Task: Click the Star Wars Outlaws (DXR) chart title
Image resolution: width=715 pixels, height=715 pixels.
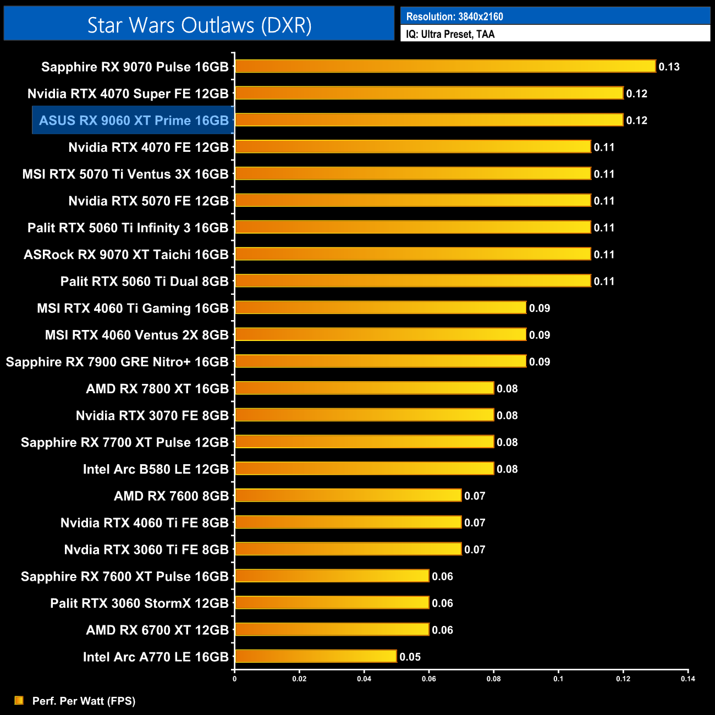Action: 199,25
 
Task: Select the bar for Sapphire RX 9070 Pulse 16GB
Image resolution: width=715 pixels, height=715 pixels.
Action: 445,67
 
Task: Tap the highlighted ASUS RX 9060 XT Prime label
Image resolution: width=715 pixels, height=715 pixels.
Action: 134,120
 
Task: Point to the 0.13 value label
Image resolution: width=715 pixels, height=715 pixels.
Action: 669,67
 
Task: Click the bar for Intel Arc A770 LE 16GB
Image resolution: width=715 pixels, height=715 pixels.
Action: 316,656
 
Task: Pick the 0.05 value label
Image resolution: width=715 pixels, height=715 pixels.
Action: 410,657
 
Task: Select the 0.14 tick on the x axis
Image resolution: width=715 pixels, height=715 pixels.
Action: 687,679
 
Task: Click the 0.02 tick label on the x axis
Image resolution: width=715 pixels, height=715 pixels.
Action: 299,679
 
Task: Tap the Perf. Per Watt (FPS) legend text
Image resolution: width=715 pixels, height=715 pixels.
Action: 84,701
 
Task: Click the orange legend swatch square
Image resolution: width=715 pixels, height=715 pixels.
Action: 19,700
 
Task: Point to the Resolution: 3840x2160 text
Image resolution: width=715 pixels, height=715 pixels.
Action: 454,16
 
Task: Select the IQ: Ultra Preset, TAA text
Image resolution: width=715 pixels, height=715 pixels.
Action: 450,34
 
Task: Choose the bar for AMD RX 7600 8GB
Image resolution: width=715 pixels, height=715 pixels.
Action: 348,496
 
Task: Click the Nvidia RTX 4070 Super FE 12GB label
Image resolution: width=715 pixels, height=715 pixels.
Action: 128,94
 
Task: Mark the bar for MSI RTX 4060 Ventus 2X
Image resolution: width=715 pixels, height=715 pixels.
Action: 381,334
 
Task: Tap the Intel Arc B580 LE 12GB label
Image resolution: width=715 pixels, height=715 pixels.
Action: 156,469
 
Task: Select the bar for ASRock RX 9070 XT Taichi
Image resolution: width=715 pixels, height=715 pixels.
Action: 413,254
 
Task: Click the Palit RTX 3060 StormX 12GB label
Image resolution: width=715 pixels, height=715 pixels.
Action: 139,603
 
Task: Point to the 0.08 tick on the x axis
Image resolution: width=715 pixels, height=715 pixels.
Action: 493,679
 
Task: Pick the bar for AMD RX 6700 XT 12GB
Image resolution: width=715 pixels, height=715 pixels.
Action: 332,630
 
